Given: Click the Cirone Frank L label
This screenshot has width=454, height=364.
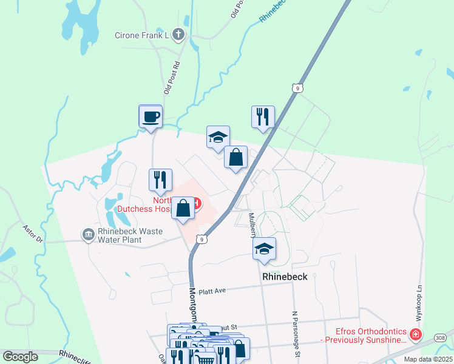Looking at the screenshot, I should [141, 35].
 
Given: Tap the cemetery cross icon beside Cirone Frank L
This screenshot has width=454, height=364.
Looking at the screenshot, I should [178, 35].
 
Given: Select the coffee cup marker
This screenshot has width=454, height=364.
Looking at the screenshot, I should [151, 116].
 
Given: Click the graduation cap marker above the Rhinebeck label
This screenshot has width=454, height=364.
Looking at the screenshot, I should [264, 249].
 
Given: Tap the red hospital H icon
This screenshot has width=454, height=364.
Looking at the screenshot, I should [197, 202].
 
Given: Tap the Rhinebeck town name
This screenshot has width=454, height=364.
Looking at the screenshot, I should [285, 277].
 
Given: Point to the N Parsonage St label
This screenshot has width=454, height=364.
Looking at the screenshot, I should [295, 328].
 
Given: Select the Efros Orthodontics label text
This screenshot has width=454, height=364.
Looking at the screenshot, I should [371, 335].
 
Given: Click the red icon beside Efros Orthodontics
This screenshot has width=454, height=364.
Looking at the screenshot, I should [415, 334].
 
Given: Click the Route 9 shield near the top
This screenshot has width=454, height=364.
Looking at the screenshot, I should [296, 89].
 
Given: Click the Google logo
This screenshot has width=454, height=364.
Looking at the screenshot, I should [21, 356].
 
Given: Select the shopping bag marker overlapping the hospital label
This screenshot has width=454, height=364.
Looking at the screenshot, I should [183, 209].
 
